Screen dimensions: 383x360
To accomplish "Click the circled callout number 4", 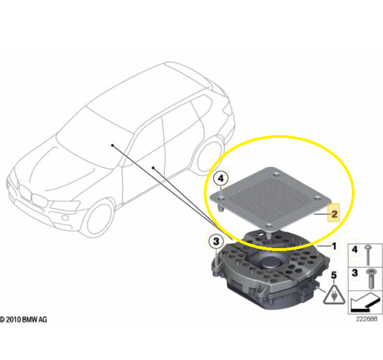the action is coord(221,179).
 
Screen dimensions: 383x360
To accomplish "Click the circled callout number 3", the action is coord(216,242).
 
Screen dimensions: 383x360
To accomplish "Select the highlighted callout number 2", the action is coord(334,214).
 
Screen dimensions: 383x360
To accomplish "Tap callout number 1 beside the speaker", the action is coord(334,246).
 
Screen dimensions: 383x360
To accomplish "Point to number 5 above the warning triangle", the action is coord(334,275).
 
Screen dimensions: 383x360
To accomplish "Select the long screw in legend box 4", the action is coord(368,255).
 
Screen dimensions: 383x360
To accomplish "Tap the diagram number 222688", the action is coord(367,319).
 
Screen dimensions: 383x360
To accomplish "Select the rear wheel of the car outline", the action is coord(209,156).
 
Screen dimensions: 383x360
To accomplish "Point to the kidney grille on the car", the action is coord(33,196).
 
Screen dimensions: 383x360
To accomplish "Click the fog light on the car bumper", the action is coord(65,218).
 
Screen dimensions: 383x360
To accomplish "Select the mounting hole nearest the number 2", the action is coord(317,199).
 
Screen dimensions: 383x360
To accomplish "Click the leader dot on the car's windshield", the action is coord(113,145).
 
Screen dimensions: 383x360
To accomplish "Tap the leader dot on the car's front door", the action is coord(153,168).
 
